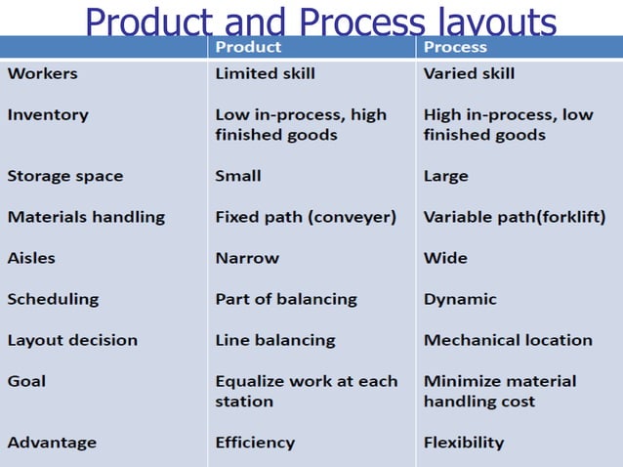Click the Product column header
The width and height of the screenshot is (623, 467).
pos(248,47)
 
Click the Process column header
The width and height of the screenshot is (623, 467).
pos(455,47)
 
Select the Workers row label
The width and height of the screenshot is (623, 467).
pos(42,73)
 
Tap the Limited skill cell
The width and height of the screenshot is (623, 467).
pos(265,73)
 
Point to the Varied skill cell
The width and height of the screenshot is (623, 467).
pos(469,73)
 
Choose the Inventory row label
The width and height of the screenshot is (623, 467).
pos(48,114)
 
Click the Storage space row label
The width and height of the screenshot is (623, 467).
pos(65,176)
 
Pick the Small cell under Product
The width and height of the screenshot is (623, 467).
pos(238,176)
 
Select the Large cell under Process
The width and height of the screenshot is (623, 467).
pos(445,176)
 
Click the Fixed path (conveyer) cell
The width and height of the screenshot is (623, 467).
pos(306,217)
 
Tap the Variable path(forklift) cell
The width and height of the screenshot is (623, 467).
pos(515,217)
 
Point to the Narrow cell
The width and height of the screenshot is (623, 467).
pos(247,258)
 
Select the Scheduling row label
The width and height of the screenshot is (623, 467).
pos(53,299)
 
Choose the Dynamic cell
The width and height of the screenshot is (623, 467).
pos(460,299)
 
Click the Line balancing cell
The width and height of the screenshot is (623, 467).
pos(275,340)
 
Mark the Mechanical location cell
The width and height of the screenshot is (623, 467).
pos(508,340)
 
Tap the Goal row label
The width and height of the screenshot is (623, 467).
pos(26,381)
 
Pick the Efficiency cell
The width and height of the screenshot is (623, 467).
pos(254,443)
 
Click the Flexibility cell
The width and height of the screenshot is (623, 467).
pos(464,443)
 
